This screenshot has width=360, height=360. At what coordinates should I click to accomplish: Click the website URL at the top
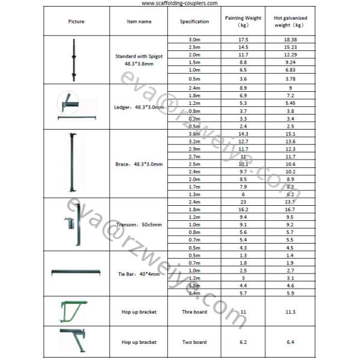[180, 3]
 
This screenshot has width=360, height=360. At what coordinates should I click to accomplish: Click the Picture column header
[76, 22]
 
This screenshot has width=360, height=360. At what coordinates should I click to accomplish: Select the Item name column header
[139, 22]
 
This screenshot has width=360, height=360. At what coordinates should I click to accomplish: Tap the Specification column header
[194, 22]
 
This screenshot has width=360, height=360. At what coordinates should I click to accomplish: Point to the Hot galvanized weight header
[290, 22]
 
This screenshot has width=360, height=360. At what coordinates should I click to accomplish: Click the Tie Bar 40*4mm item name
[139, 274]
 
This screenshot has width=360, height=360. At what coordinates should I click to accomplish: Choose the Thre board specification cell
[194, 312]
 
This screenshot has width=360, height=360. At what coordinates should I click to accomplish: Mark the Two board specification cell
[194, 342]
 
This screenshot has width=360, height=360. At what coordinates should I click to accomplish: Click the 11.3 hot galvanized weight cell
[290, 312]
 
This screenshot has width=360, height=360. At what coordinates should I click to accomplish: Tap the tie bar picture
[75, 273]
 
